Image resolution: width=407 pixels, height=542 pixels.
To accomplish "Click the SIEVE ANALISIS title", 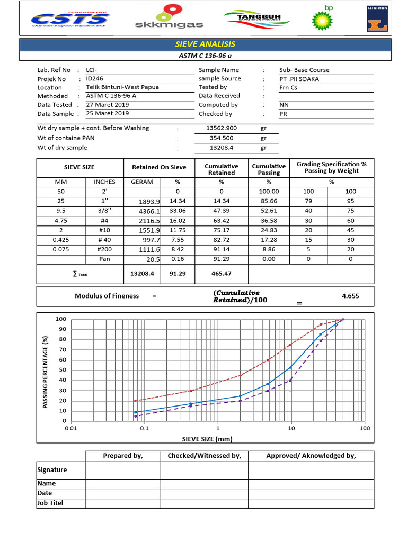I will tap(205, 44).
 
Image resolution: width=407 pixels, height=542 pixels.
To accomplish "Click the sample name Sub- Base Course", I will tap(304, 70).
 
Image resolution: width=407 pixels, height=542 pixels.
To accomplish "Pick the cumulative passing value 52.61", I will tap(269, 211).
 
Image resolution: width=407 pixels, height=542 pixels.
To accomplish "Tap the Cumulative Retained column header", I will tap(222, 169).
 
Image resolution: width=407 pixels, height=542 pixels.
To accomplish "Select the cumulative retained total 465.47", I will tap(222, 274).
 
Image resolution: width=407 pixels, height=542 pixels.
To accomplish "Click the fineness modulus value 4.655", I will tap(350, 296).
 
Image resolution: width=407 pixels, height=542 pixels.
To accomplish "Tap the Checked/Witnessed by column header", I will tap(204, 456).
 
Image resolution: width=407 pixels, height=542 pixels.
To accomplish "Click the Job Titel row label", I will tap(50, 503).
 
